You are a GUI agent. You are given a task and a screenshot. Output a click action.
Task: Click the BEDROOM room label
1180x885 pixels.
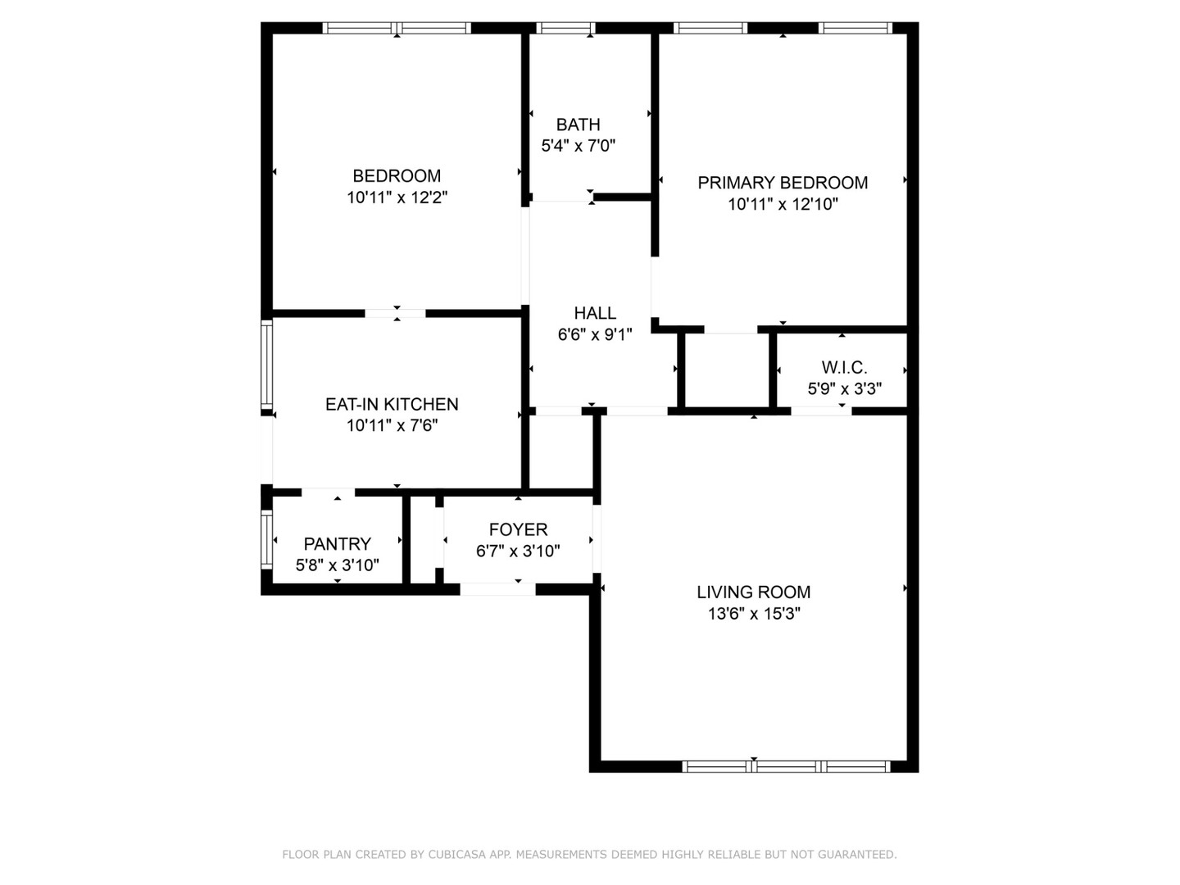coord(397,175)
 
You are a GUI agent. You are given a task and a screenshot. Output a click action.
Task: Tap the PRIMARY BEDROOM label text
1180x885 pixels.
coord(783,183)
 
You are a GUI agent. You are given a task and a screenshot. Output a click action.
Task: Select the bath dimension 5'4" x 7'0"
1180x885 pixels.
coord(578,146)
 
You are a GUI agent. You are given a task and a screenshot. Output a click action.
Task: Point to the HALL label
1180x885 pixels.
coord(595,313)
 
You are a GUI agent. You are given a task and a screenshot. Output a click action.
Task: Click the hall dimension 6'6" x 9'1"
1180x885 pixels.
coord(595,335)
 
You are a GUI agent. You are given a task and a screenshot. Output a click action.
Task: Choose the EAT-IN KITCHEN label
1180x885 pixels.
coord(392,404)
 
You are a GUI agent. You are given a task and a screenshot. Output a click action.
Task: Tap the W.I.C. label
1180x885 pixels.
coord(845,368)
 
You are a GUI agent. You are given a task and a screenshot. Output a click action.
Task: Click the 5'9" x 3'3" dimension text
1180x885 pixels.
coord(845,388)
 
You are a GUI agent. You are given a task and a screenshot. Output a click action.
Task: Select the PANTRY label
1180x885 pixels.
coord(338,544)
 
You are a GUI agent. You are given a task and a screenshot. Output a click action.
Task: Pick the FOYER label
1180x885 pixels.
coord(518,529)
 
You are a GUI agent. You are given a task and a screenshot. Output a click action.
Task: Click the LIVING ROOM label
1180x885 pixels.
coord(754,592)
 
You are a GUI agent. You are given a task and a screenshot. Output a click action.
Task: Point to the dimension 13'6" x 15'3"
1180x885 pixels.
coord(754,613)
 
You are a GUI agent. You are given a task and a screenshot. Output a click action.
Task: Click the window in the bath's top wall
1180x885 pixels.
coord(566,28)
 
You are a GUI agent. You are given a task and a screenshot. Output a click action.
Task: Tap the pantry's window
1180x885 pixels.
coord(266,539)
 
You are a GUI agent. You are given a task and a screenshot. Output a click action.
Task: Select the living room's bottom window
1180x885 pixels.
coord(787,767)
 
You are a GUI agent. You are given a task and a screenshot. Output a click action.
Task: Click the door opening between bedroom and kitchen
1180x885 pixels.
coord(396,313)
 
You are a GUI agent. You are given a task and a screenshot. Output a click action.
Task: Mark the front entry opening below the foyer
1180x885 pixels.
coord(497,589)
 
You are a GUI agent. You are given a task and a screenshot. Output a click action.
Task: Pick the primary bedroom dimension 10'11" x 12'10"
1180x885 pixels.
coord(783,204)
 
